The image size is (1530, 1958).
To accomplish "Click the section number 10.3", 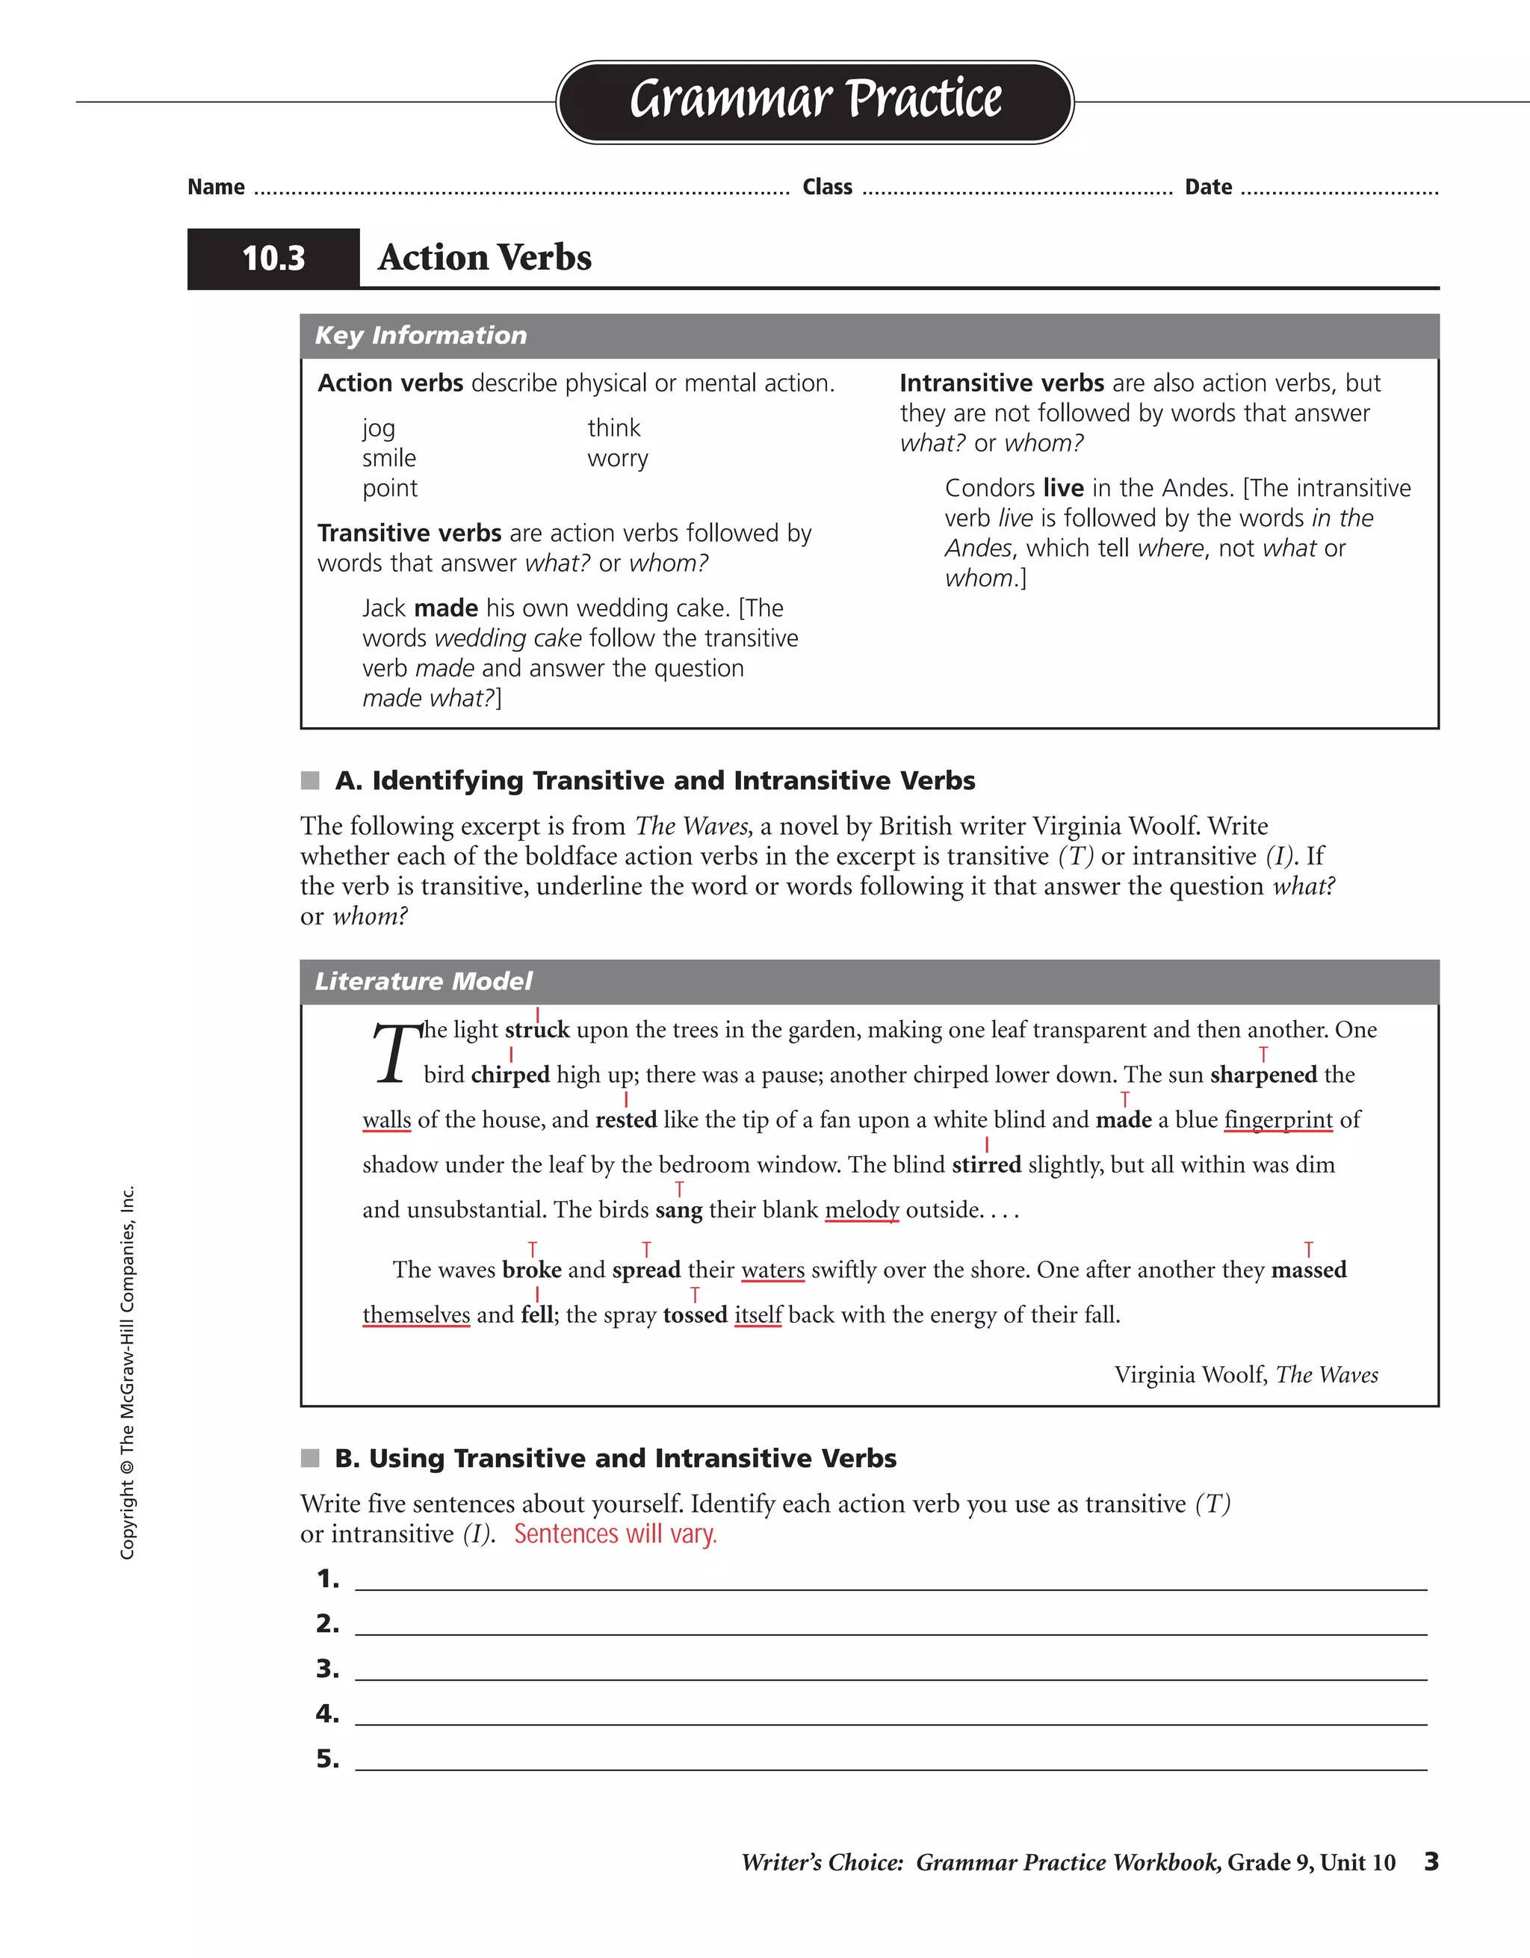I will (x=273, y=258).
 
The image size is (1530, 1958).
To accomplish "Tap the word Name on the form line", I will (x=216, y=187).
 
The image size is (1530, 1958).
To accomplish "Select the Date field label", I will (x=1207, y=187).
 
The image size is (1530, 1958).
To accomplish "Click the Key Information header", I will (x=421, y=336).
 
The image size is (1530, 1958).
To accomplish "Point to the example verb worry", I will (x=618, y=458).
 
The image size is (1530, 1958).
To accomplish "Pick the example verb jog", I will (x=378, y=428).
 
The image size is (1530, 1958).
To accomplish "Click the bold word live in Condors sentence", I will (x=1063, y=488).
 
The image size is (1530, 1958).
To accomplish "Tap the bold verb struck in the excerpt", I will (x=537, y=1029).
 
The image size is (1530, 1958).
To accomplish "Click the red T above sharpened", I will (x=1263, y=1054).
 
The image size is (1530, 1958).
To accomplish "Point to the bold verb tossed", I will (x=695, y=1315).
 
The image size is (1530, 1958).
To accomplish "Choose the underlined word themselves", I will (x=416, y=1315).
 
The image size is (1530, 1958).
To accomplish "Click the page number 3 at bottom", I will (x=1431, y=1861).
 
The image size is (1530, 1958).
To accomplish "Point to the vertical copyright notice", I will (x=128, y=1371).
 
